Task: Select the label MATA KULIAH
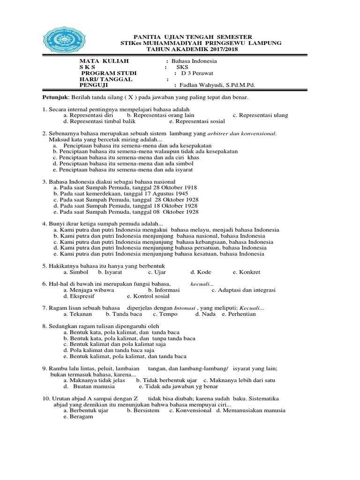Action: pos(104,61)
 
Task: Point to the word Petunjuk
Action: pos(52,97)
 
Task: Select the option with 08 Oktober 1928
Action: pos(125,212)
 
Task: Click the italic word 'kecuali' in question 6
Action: pos(202,284)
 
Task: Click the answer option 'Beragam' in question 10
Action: pos(81,417)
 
